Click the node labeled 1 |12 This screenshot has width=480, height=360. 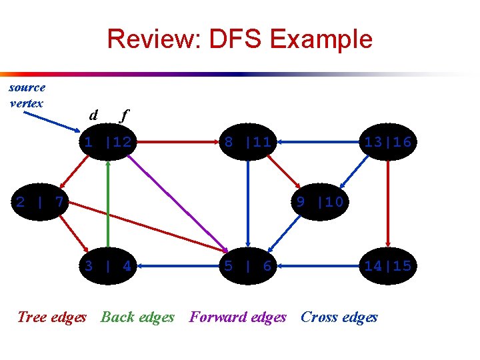[107, 141]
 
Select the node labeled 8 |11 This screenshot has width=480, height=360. [247, 141]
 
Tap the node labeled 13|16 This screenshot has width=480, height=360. [387, 141]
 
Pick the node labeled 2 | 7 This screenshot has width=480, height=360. [40, 201]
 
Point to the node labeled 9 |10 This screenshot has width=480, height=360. [320, 201]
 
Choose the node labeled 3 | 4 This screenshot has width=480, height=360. [107, 266]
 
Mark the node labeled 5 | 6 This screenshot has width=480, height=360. [247, 266]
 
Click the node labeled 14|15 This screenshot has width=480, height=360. [387, 266]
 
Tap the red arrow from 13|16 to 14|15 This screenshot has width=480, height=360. [387, 203]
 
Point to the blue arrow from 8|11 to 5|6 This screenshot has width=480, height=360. [247, 203]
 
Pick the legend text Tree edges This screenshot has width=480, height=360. [52, 317]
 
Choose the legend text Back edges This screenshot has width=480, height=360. [137, 317]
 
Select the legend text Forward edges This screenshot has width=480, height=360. [238, 317]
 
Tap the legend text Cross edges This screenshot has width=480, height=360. [339, 317]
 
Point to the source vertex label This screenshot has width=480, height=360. [27, 95]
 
